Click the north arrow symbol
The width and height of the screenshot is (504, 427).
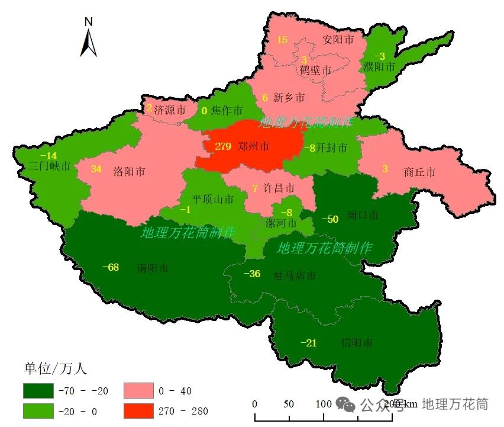(x=88, y=39)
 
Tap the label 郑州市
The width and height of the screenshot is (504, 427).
(x=253, y=146)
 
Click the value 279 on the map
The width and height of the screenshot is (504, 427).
(x=223, y=146)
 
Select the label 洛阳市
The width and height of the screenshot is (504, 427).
(x=128, y=172)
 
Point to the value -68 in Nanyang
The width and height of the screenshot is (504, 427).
(x=111, y=267)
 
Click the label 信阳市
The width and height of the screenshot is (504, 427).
(x=357, y=343)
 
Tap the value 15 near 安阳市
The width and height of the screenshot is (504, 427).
(x=282, y=40)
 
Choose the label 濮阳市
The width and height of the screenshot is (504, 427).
(x=379, y=67)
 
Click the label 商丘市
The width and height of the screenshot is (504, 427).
(x=419, y=172)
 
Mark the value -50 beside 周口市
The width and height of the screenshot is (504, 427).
(x=329, y=219)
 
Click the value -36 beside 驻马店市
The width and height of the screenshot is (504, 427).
(x=252, y=274)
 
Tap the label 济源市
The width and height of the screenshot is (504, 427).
(x=170, y=110)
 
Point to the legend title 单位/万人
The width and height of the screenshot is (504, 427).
(x=55, y=369)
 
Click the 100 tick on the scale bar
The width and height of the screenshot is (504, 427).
(x=323, y=404)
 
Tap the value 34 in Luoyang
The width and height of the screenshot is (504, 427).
(x=96, y=169)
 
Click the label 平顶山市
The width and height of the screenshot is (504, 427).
(x=212, y=200)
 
